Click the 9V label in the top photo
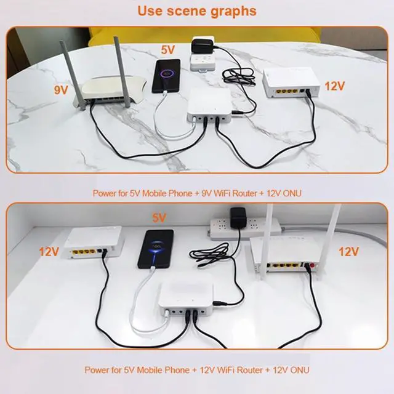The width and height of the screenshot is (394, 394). tap(61, 90)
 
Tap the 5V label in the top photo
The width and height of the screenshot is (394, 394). tap(167, 50)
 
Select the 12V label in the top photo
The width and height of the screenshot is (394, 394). tap(334, 86)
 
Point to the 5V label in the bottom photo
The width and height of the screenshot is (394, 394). tap(159, 217)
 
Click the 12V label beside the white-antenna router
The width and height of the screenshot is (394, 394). tap(348, 252)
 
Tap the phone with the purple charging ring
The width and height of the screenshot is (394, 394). tap(166, 76)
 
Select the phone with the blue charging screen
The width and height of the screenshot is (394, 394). tap(156, 249)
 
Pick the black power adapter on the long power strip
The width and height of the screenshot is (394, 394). tap(238, 217)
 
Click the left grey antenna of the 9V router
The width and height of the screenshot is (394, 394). tap(73, 75)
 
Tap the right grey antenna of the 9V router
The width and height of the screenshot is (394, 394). tap(122, 72)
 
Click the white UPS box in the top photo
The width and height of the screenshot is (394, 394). tap(209, 106)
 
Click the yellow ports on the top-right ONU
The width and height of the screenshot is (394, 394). tap(287, 91)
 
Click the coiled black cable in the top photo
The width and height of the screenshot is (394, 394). tap(239, 76)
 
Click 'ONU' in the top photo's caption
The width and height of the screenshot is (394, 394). tap(292, 193)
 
